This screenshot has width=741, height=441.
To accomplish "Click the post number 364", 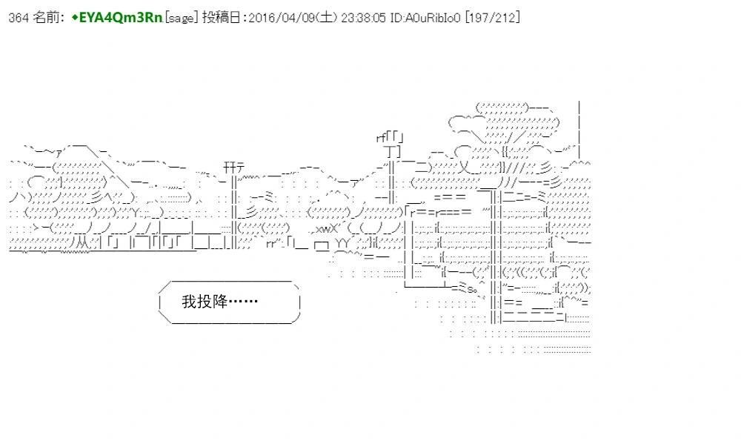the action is pos(19,18).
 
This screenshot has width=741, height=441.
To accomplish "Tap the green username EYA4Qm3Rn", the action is pos(121,18).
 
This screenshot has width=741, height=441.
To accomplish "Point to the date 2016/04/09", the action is pos(282,18).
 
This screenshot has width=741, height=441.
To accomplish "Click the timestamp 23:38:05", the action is pos(363,18).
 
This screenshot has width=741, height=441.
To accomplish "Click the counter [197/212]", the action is pos(493,18).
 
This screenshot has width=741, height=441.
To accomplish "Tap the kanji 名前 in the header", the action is pos(46,18).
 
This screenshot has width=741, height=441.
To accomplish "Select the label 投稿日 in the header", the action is pos(221,18).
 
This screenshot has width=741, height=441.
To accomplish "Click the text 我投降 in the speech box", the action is pos(205,302).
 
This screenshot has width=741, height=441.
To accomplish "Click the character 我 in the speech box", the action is pos(189,302).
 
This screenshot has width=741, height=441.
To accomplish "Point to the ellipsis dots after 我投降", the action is pos(243,301).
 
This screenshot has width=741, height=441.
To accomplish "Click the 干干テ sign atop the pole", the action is pos(234,168).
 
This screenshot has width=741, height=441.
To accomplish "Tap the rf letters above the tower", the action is pos(381,139).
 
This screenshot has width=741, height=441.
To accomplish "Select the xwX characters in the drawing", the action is pos(326,229).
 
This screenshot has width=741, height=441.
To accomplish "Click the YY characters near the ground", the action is pos(342,243).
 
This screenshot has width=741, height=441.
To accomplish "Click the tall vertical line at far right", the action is pos(579,129).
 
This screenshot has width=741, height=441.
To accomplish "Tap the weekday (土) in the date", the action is pos(327,18).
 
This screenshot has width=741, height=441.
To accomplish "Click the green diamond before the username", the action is pos(75,18).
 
